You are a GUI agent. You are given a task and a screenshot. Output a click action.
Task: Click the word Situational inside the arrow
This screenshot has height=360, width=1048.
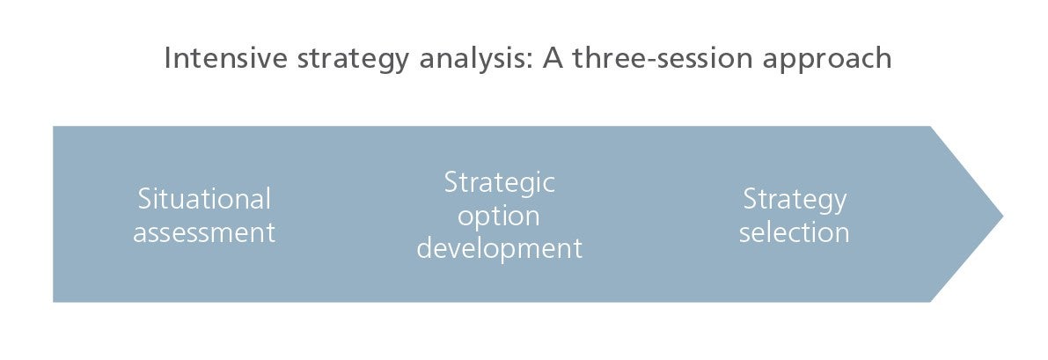pyautogui.click(x=204, y=199)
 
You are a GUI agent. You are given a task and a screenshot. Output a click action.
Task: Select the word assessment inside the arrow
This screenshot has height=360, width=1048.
pyautogui.click(x=204, y=233)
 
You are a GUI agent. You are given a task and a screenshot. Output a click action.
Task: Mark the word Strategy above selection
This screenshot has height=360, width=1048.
pyautogui.click(x=795, y=201)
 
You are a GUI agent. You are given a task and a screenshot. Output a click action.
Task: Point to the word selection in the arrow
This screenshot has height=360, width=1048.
pyautogui.click(x=794, y=233)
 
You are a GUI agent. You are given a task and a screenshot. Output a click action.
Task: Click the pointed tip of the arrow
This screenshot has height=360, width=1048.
pyautogui.click(x=1002, y=215)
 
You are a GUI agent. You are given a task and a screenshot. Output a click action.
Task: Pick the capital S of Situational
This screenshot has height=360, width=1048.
pyautogui.click(x=145, y=200)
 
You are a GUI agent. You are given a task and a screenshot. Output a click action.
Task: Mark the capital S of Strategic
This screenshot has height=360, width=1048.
pyautogui.click(x=451, y=183)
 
